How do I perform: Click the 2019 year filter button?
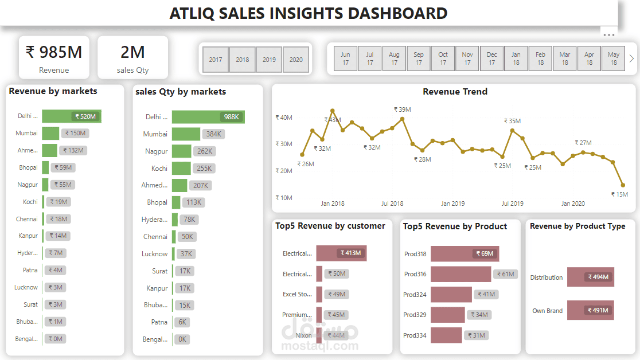point(269,60)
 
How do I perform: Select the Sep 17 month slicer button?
point(419,59)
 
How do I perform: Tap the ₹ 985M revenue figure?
point(54,52)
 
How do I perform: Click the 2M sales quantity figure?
point(132,52)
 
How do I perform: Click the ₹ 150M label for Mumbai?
point(75,134)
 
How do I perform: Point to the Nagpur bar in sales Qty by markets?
point(181,151)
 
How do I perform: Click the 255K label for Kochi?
point(204,169)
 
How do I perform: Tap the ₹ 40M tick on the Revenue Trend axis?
point(284,118)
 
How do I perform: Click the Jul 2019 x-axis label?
point(513,204)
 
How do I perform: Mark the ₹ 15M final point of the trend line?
point(623,185)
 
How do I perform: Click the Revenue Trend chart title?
point(455,92)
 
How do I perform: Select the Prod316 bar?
point(461,274)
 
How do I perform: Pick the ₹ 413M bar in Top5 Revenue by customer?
point(341,253)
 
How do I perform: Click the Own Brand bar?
point(590,311)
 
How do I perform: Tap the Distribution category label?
point(546,277)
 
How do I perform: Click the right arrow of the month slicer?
point(631,58)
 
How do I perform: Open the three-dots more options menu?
point(608,34)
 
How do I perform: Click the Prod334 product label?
point(415,335)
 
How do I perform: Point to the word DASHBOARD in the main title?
point(392,13)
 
